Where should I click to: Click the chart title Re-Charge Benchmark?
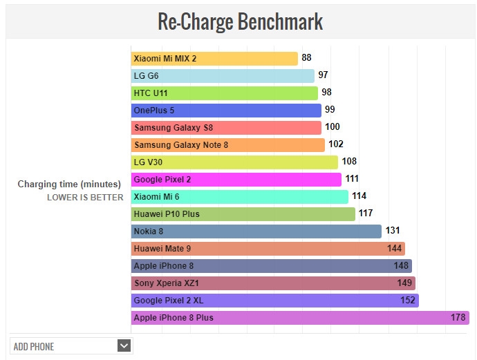(240, 21)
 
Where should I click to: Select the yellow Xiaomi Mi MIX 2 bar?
(214, 59)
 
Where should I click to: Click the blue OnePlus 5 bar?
(226, 110)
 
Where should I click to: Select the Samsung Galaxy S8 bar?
(226, 128)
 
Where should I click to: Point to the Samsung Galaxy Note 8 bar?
(228, 145)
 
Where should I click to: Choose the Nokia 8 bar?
(256, 231)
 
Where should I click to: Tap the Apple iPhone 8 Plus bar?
(300, 318)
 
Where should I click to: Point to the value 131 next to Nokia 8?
(393, 231)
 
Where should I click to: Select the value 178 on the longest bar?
(457, 318)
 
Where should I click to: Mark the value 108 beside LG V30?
(350, 161)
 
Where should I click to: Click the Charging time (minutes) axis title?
(69, 184)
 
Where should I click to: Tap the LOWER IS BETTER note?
(85, 198)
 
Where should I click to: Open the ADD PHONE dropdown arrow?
(124, 346)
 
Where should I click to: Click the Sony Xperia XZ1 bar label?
(167, 283)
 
